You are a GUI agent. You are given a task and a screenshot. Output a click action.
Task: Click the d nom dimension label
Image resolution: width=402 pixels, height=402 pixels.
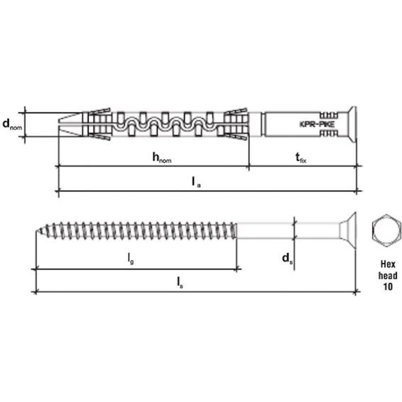(x=12, y=125)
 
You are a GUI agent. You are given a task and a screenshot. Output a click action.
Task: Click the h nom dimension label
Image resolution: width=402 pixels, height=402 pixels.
(x=162, y=157)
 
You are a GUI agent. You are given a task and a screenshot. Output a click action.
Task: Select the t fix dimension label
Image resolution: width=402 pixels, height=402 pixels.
(x=301, y=157)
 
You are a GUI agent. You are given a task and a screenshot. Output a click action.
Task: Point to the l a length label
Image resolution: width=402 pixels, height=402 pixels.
(x=196, y=182)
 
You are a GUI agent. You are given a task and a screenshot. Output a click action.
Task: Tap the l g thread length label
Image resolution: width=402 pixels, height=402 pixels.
(x=131, y=259)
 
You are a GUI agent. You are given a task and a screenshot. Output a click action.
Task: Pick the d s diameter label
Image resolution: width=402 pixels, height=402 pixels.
(x=287, y=259)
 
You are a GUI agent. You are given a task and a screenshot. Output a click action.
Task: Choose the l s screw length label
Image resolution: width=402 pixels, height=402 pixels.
(x=180, y=283)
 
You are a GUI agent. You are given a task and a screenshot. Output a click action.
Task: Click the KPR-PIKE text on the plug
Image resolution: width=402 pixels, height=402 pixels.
(x=317, y=124)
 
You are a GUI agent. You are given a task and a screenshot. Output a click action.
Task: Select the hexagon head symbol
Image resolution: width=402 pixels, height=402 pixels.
(x=386, y=230)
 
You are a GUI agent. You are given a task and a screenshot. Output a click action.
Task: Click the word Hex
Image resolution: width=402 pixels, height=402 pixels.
(x=388, y=264)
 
